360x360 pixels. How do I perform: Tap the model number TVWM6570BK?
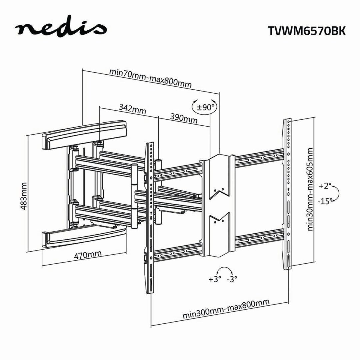pyautogui.click(x=306, y=30)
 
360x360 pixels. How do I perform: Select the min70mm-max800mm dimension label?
pyautogui.click(x=150, y=78)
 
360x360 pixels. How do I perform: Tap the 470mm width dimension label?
pyautogui.click(x=87, y=255)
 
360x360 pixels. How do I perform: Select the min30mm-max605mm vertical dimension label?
pyautogui.click(x=310, y=189)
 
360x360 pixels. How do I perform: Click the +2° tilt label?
pyautogui.click(x=325, y=186)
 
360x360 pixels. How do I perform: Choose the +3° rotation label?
pyautogui.click(x=215, y=279)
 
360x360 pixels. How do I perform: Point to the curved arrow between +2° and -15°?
pyautogui.click(x=336, y=193)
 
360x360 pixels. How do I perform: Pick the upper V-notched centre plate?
pyautogui.click(x=218, y=177)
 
